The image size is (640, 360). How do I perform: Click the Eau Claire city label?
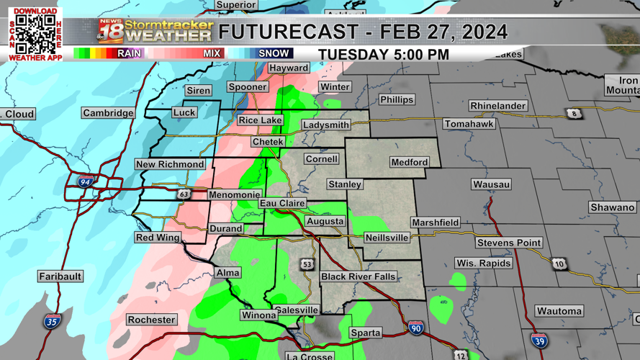click(282, 204)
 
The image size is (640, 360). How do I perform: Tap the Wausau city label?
click(491, 184)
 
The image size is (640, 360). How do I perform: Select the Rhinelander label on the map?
click(497, 106)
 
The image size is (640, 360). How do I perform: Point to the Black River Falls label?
click(358, 276)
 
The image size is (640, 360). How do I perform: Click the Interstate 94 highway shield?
click(86, 182)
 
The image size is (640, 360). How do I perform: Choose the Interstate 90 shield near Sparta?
click(415, 328)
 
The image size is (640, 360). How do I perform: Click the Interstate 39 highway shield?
click(538, 341)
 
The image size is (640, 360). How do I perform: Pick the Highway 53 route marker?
click(307, 264)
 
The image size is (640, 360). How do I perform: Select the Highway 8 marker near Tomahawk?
click(574, 114)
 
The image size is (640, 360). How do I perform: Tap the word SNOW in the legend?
click(274, 53)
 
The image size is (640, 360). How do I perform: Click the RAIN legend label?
click(129, 53)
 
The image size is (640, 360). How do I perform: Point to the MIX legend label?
click(212, 53)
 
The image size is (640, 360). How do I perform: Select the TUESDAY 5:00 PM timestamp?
click(384, 55)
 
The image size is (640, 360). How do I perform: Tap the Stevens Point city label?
click(508, 243)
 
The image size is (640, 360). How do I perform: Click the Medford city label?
click(409, 162)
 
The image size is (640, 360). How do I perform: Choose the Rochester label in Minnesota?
click(151, 320)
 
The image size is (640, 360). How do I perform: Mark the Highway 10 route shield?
click(559, 264)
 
